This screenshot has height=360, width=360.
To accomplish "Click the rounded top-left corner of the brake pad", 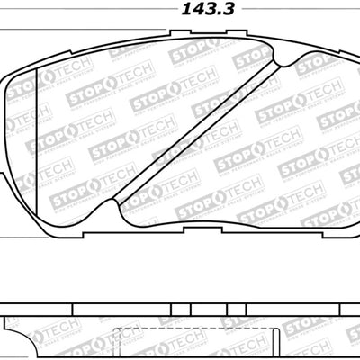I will pyautogui.click(x=16, y=76).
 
